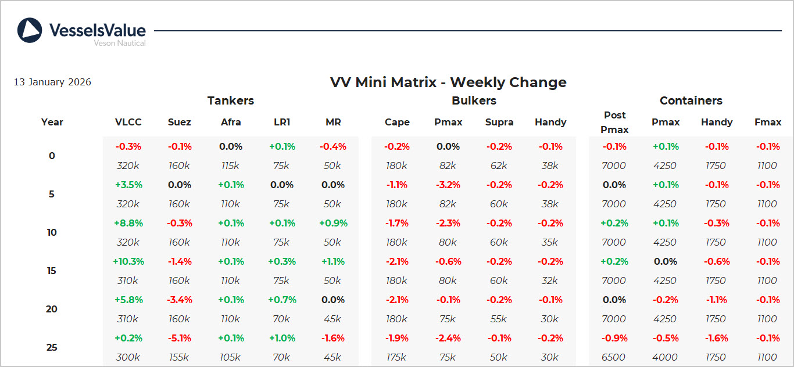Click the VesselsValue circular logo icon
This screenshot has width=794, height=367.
pos(30,30)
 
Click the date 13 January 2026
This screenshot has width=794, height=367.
pos(52,82)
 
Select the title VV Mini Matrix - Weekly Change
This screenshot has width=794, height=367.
pos(448,82)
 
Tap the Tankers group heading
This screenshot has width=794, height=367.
pos(231,100)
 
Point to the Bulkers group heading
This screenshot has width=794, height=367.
pos(474,100)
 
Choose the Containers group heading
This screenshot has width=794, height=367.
pos(691,100)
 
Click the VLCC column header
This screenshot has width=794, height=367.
pos(128,123)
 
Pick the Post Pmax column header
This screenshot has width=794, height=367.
pos(614,123)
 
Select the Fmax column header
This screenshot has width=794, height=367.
pos(767,123)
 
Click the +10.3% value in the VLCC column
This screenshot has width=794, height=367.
pos(128,261)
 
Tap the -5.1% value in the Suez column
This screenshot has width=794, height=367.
pos(179,338)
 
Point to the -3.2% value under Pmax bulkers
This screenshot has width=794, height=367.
pos(448,185)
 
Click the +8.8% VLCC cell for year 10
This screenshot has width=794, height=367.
pos(128,223)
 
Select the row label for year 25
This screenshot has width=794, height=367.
pos(52,347)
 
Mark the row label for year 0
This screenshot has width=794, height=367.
pos(52,156)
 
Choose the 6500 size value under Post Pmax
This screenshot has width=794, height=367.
pos(614,357)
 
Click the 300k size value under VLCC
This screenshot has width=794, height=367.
pos(128,357)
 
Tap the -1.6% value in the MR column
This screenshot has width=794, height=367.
pos(333,338)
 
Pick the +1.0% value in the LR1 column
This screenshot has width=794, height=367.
pos(282,338)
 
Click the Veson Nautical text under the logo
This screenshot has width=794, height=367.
pos(120,43)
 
